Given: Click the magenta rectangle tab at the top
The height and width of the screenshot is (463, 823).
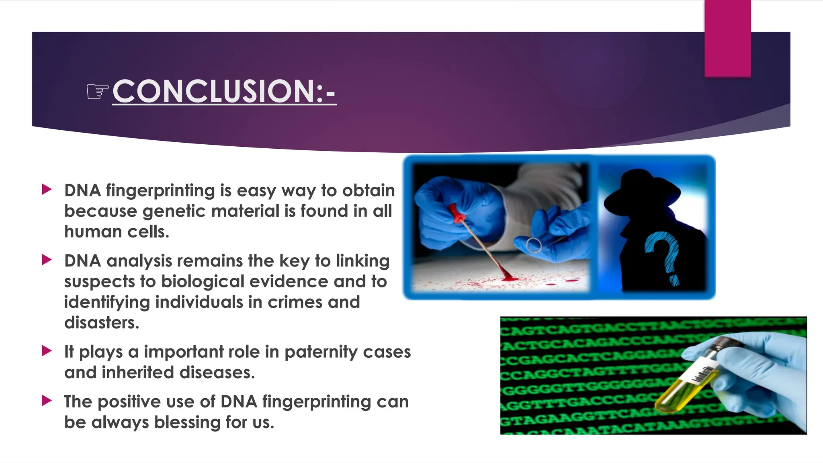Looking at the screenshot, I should click(x=727, y=38).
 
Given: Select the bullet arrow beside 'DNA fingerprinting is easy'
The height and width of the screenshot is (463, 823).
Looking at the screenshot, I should click(x=47, y=189).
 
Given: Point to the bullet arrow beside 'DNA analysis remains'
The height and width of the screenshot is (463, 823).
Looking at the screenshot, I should click(x=47, y=260).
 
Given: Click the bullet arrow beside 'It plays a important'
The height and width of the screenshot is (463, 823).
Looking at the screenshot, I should click(x=47, y=351).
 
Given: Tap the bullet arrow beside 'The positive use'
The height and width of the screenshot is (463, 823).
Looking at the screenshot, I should click(x=47, y=400).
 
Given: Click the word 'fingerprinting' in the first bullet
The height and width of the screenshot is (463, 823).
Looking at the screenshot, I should click(x=160, y=191).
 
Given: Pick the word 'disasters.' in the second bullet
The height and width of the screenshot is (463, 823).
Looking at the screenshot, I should click(x=102, y=323).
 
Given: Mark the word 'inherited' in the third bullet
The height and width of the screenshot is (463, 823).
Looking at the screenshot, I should click(x=138, y=373).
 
